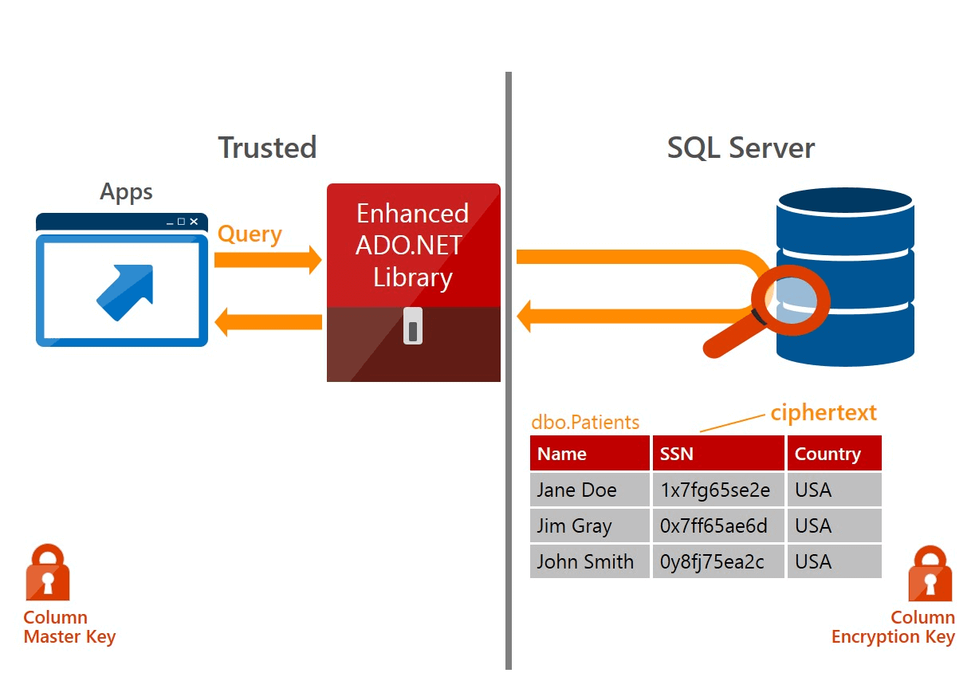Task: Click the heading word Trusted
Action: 267,148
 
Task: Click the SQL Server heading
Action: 741,148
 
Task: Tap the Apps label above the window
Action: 126,192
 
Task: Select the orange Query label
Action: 250,234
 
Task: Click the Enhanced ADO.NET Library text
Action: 413,245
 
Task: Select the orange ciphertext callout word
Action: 823,412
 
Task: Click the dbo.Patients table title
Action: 585,422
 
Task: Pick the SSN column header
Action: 676,454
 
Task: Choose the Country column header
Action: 828,454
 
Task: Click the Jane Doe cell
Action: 576,490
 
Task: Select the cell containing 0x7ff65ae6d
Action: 714,526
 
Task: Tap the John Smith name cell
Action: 584,562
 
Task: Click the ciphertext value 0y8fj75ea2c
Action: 712,562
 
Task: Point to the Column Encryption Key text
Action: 893,628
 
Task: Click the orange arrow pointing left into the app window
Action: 268,322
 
